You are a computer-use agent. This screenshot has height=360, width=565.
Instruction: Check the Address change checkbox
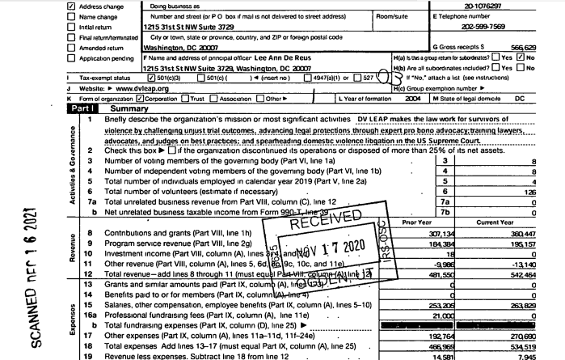tap(70, 6)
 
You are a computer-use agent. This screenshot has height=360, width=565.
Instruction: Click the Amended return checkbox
tap(70, 48)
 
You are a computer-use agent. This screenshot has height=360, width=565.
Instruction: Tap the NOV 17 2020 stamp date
tap(328, 244)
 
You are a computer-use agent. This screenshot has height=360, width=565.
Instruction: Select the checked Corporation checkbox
tap(139, 98)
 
